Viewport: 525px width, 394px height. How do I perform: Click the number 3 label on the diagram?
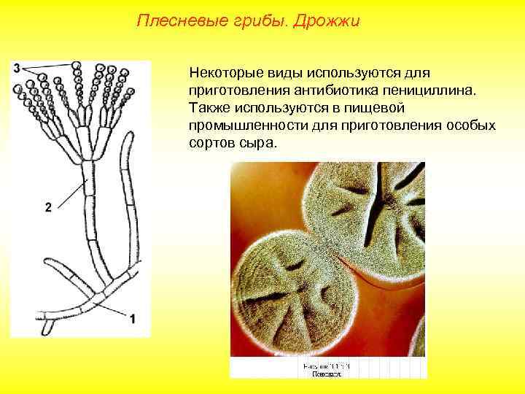pyautogui.click(x=15, y=68)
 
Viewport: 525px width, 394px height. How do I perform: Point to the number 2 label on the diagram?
pyautogui.click(x=47, y=208)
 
